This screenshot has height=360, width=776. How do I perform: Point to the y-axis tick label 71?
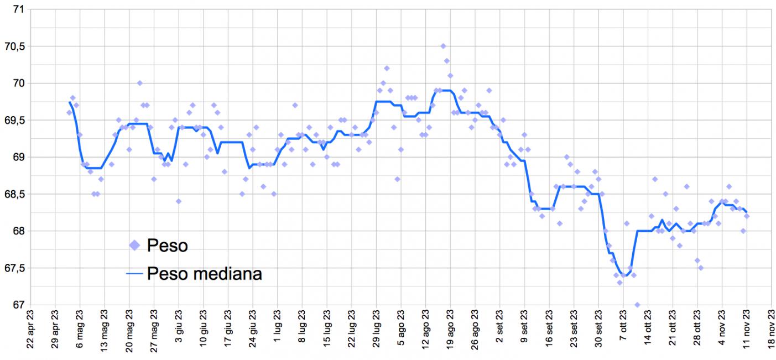(17, 9)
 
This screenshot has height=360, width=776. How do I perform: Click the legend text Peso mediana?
(204, 273)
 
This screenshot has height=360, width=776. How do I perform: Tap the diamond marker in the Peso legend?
(134, 245)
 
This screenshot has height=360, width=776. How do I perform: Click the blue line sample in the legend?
(134, 273)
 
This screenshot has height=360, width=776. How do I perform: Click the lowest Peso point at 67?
(637, 305)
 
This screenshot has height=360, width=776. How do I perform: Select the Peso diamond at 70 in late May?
(140, 84)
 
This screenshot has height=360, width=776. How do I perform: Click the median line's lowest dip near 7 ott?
(623, 275)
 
